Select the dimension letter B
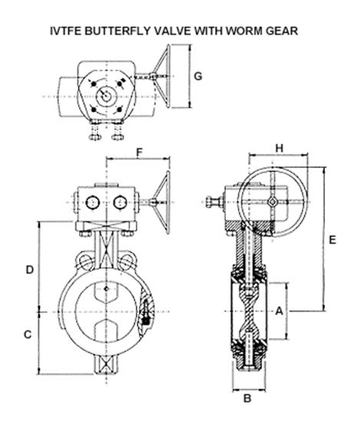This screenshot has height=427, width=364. (x=247, y=399)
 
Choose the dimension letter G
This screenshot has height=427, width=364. (x=197, y=76)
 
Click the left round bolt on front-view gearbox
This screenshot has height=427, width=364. (x=92, y=202)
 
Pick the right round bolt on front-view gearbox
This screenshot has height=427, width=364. (x=119, y=202)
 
